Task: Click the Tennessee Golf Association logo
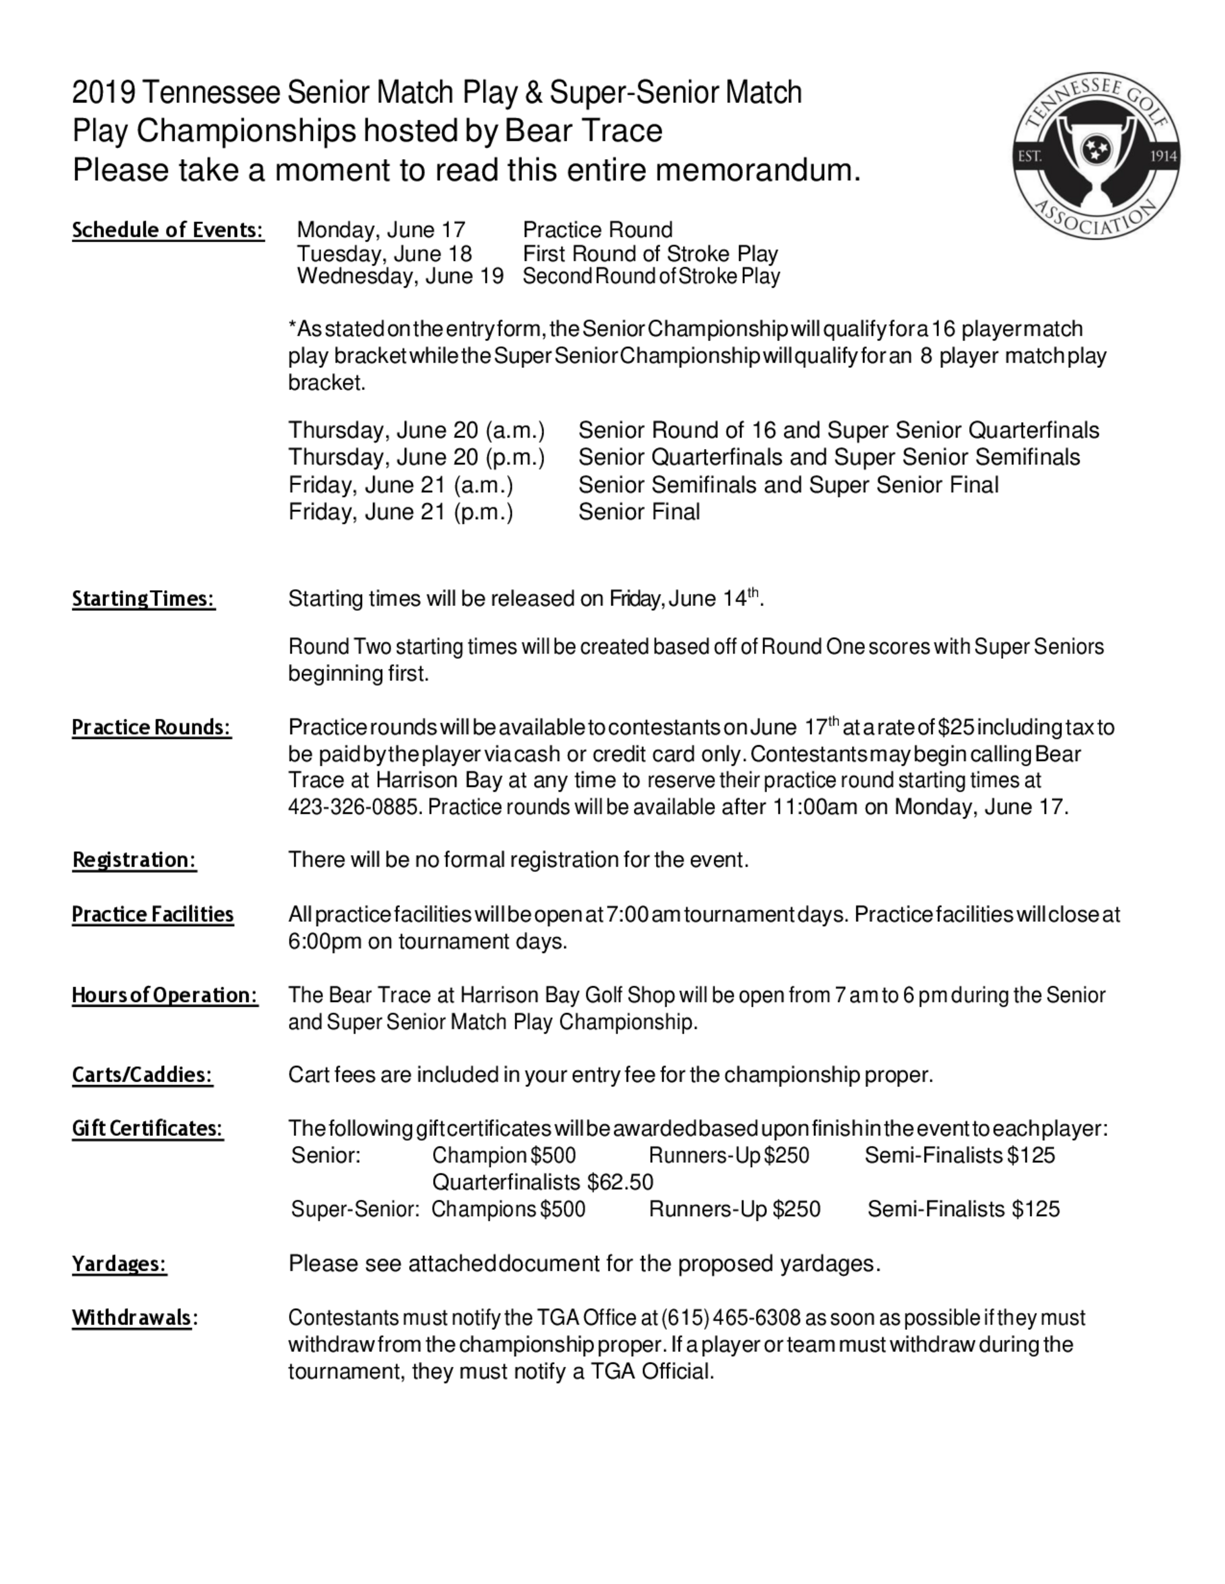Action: [x=1096, y=156]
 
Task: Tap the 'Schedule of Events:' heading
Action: [x=168, y=230]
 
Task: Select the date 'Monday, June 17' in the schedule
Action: [x=381, y=230]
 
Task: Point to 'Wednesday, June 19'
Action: [x=400, y=276]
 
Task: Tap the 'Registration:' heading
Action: [x=134, y=860]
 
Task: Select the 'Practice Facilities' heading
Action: [x=153, y=914]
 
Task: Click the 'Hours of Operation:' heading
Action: [x=165, y=995]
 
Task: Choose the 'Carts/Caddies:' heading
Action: [x=142, y=1075]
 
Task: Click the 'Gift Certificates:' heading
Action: [x=148, y=1129]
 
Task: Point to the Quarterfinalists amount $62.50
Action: [x=620, y=1182]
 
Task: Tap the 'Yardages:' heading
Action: [x=119, y=1263]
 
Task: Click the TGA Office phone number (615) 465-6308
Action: [x=731, y=1317]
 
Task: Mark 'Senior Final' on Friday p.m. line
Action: [x=639, y=512]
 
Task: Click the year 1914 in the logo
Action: [x=1163, y=157]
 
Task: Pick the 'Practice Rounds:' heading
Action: [x=151, y=728]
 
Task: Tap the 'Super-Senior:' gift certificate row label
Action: [x=355, y=1209]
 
